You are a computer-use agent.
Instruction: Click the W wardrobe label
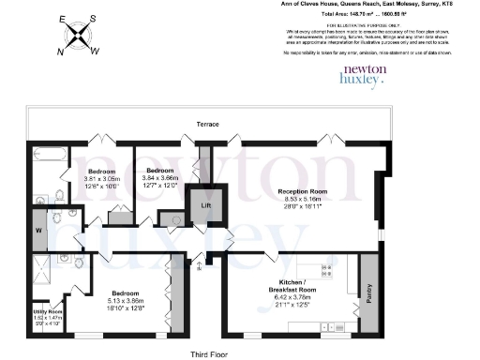click(40, 228)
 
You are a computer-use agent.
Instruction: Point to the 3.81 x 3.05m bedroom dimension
click(101, 179)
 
